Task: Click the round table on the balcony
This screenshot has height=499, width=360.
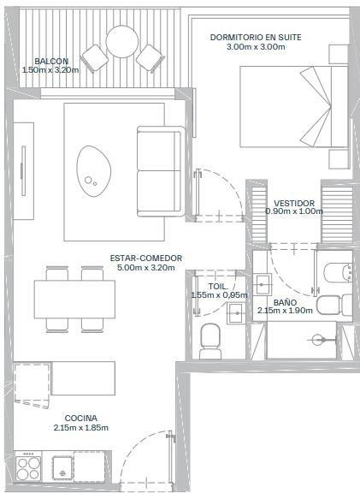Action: pyautogui.click(x=122, y=42)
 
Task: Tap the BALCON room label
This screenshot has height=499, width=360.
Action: pyautogui.click(x=51, y=61)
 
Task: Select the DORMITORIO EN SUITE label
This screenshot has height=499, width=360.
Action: pyautogui.click(x=256, y=38)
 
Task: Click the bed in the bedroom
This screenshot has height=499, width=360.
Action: pyautogui.click(x=293, y=107)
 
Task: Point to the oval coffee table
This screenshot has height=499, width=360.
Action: pyautogui.click(x=93, y=171)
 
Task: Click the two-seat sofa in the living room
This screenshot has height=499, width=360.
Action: pyautogui.click(x=161, y=171)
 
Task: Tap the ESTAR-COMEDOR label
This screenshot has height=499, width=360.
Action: pyautogui.click(x=146, y=258)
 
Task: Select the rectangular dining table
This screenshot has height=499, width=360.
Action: pyautogui.click(x=74, y=300)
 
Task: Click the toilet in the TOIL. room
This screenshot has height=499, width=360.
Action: pyautogui.click(x=210, y=342)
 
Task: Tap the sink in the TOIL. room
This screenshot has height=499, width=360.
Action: pyautogui.click(x=236, y=313)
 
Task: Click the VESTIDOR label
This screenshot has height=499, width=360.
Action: pyautogui.click(x=294, y=203)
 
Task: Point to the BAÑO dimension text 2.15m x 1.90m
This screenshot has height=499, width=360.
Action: pyautogui.click(x=285, y=311)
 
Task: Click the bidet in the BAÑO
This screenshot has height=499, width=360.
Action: pyautogui.click(x=339, y=273)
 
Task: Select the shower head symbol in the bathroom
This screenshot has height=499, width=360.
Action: pyautogui.click(x=318, y=340)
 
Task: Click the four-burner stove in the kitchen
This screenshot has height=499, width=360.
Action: pyautogui.click(x=28, y=469)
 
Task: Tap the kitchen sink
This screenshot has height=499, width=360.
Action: pyautogui.click(x=63, y=468)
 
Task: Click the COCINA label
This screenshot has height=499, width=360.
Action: pyautogui.click(x=80, y=419)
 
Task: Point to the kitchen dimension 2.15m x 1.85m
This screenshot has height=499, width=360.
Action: pyautogui.click(x=80, y=428)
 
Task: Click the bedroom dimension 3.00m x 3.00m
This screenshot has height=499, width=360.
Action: pyautogui.click(x=256, y=47)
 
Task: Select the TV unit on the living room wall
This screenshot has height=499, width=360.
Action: pyautogui.click(x=24, y=171)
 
